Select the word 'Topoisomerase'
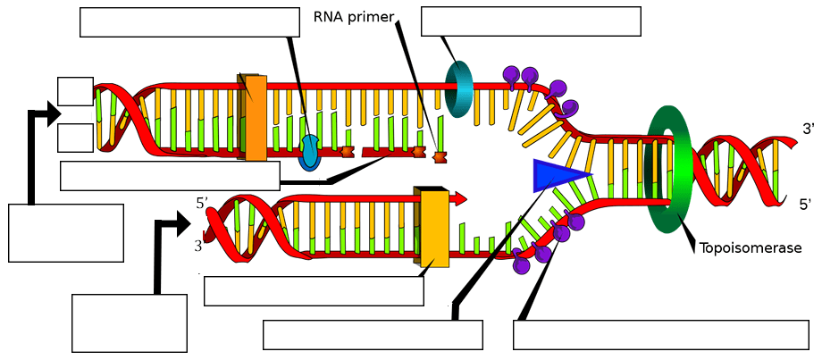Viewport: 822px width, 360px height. pos(750,248)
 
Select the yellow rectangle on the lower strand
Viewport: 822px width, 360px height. pos(434,227)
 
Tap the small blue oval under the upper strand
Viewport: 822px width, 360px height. pos(309,152)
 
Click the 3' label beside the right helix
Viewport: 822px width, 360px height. pos(809,130)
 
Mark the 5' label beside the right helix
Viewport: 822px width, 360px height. pos(805,205)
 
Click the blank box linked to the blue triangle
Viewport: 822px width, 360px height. pos(373,334)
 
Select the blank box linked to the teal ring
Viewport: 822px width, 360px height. pos(531,22)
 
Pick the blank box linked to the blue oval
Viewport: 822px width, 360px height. pos(189,22)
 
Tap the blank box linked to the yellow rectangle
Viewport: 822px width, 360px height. pos(313,291)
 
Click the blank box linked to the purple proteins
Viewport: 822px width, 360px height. pos(661,334)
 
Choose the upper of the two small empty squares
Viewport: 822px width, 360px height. pos(75,91)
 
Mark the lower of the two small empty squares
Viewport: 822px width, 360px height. pos(75,138)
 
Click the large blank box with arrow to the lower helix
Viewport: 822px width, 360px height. pos(129,322)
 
